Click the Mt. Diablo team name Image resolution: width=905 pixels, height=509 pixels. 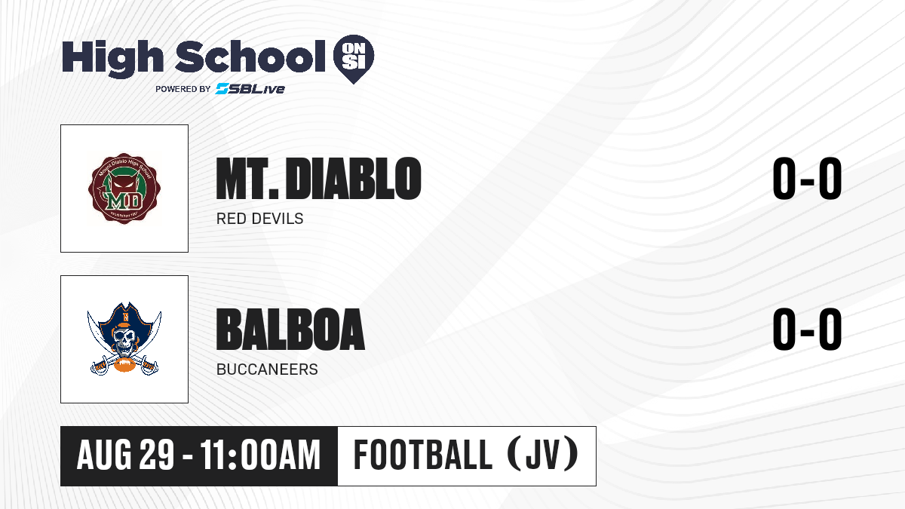318,179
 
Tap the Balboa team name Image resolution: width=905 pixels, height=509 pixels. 290,330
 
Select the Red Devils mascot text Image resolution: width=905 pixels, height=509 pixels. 259,219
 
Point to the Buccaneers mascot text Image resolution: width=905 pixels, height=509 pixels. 267,369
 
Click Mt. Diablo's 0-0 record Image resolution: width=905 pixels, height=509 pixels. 807,179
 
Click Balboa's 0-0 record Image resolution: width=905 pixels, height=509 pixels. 807,330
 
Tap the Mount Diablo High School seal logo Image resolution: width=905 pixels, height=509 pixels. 124,189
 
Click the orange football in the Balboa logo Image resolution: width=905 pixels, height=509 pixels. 126,365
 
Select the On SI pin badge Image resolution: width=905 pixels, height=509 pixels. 354,59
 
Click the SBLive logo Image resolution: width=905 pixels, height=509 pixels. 250,89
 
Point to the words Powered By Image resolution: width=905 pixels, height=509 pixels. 183,89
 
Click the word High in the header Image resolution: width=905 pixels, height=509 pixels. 113,59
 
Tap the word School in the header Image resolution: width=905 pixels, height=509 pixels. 250,57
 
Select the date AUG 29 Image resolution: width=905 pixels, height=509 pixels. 126,455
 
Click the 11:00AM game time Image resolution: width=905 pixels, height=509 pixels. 260,455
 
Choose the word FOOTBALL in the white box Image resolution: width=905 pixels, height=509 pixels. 423,455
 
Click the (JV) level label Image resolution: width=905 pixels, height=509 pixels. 542,455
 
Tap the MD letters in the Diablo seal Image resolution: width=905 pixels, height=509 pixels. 124,201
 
